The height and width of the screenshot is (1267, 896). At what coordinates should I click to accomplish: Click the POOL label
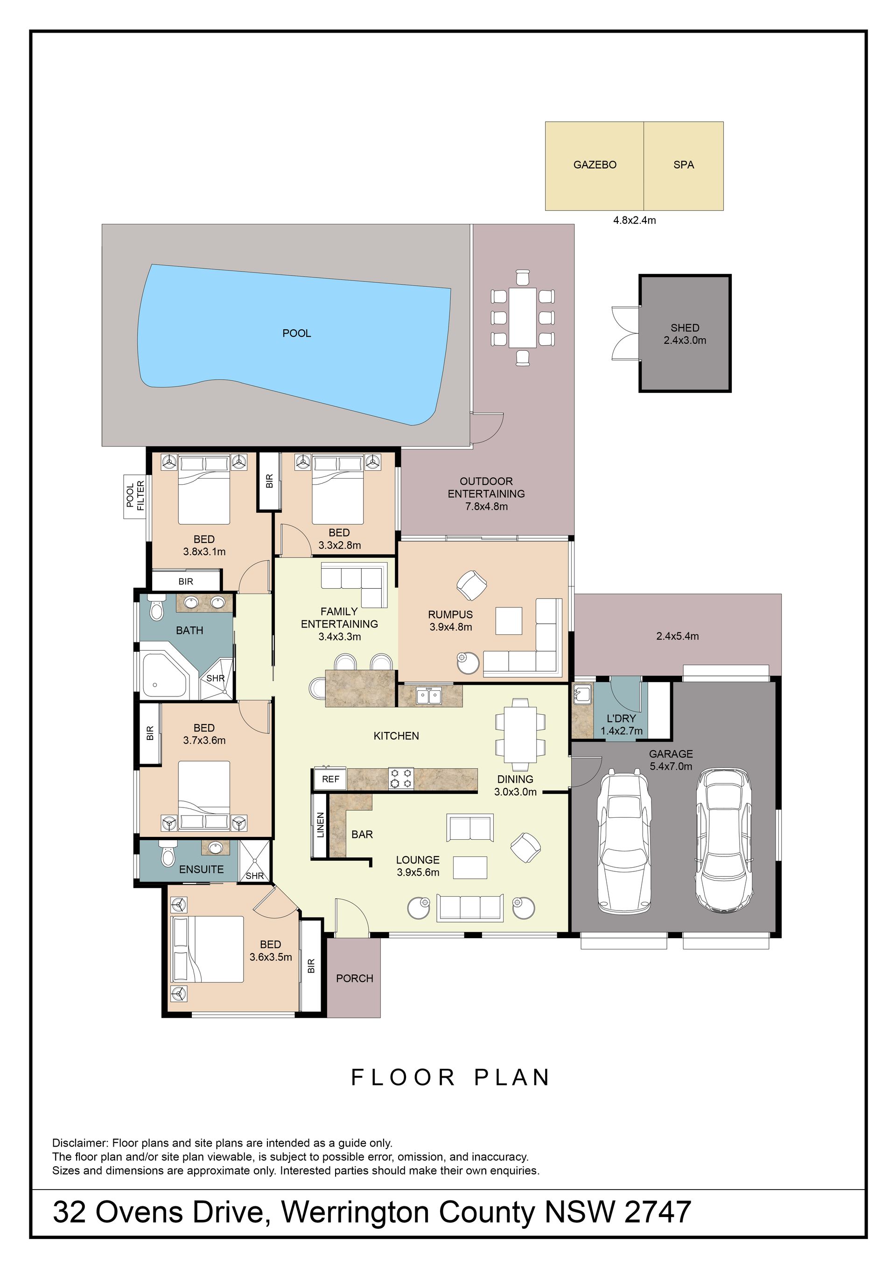point(296,333)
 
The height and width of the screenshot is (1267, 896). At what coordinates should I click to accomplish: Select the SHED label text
point(685,328)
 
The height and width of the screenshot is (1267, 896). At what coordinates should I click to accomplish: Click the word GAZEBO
point(595,165)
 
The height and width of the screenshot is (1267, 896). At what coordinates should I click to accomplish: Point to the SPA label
point(684,165)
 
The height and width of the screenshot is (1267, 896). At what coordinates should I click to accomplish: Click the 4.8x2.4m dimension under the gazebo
point(634,221)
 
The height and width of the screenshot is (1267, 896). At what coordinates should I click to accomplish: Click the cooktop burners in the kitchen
point(401,778)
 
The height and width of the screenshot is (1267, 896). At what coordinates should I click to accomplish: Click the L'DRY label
point(621,718)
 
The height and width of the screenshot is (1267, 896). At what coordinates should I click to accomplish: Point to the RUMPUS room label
point(450,615)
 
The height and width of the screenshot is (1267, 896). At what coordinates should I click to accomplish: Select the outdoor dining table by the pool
point(522,318)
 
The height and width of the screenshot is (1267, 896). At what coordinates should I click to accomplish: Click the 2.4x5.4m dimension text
point(678,636)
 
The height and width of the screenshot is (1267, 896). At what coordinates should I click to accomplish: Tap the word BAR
point(362,835)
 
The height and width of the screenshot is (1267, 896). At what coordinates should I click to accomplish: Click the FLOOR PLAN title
point(450,1077)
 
